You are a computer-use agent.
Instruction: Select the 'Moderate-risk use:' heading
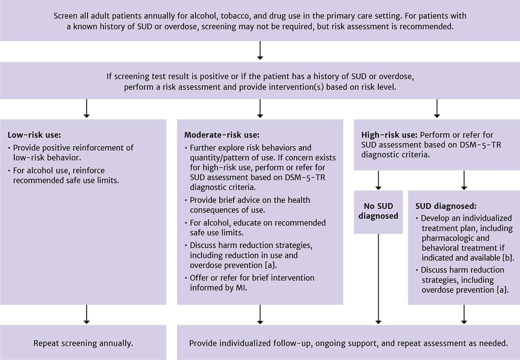222,135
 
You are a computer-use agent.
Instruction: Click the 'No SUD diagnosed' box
378,210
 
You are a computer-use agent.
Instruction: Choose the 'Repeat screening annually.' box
83,343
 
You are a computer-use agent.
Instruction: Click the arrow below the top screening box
260,51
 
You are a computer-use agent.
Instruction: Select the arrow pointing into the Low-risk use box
86,108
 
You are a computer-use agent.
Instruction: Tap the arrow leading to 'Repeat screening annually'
86,314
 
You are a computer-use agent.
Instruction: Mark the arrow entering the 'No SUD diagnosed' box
378,180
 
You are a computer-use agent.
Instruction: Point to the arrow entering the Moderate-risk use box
260,108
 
